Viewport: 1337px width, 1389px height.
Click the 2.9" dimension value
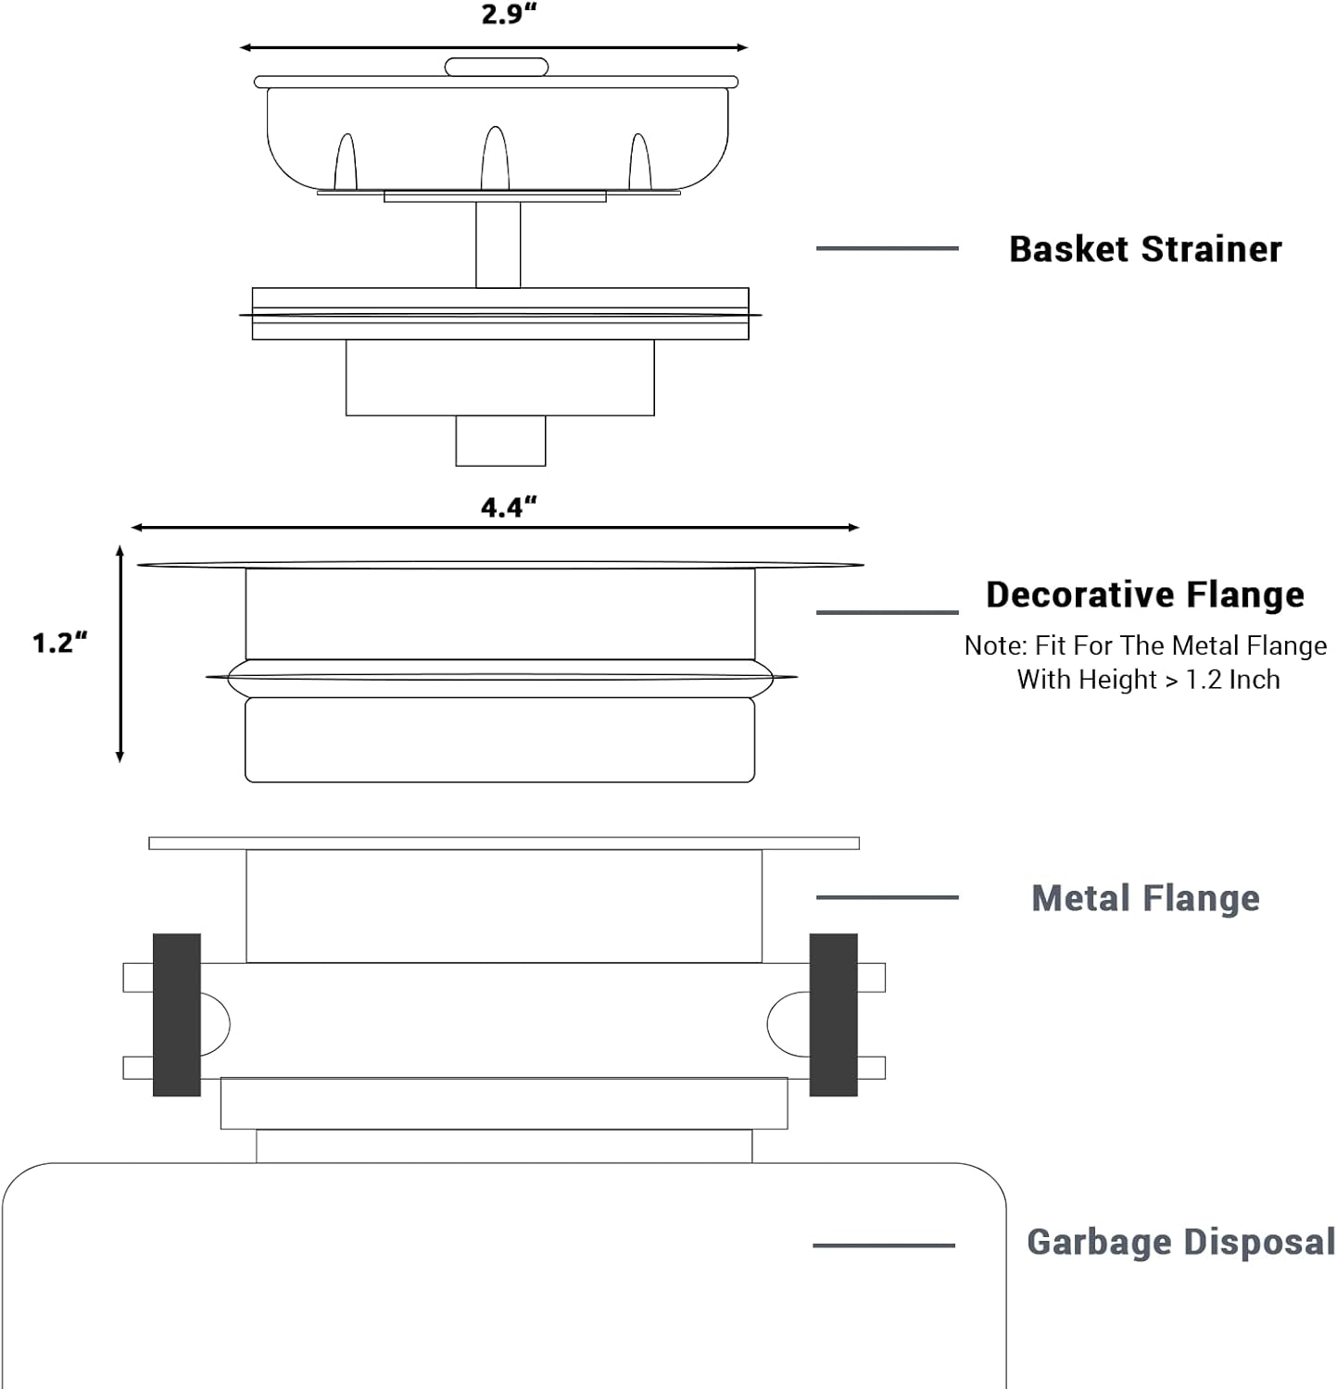509,15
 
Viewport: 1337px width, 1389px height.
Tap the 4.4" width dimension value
509,507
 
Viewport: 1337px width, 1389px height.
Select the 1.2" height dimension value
59,643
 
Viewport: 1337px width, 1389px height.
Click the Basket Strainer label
1145,249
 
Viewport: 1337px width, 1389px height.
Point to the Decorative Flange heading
1145,594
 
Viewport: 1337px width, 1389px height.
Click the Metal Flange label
1145,898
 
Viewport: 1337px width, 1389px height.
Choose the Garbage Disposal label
1180,1243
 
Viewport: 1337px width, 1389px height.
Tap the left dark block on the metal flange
177,1015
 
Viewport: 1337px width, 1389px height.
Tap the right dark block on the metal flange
833,1015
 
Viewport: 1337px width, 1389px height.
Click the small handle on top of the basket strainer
497,68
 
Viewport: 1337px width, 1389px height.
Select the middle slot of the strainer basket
495,159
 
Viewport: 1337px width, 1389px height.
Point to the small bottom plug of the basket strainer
500,441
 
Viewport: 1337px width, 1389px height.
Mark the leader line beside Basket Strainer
887,248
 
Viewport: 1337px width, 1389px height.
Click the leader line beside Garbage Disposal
883,1245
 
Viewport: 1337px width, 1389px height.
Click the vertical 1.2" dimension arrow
120,654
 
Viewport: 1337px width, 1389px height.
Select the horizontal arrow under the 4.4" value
495,528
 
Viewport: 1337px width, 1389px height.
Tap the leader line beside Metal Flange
887,897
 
